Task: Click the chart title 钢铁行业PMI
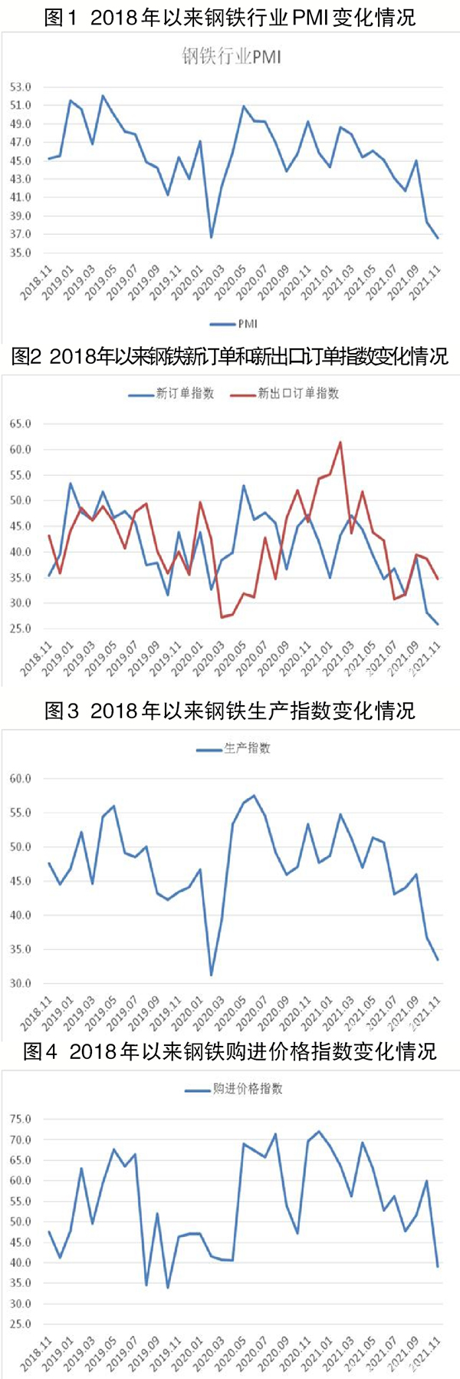(x=231, y=56)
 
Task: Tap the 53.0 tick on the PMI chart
(x=21, y=87)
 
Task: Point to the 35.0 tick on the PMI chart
(x=21, y=252)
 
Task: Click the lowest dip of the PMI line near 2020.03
(x=212, y=237)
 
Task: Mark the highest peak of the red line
(x=340, y=442)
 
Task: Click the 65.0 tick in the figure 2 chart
(x=21, y=424)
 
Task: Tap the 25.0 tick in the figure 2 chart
(x=21, y=628)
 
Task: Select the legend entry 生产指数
(x=234, y=748)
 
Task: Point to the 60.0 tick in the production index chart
(x=21, y=778)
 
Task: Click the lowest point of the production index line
(x=212, y=975)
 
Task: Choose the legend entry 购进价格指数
(x=234, y=1089)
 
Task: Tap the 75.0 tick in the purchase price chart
(x=21, y=1120)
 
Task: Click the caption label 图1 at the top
(x=61, y=17)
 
